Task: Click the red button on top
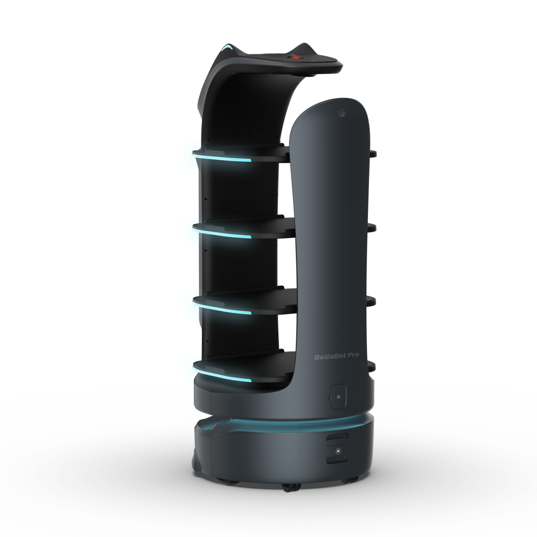(296, 58)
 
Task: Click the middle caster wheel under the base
(290, 487)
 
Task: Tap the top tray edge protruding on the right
(373, 153)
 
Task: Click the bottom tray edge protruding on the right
(372, 367)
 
